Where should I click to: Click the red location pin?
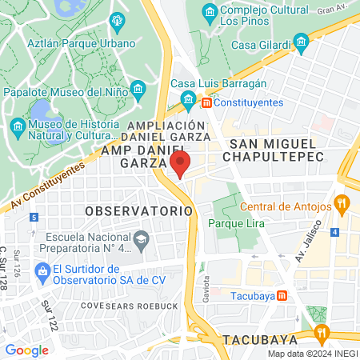180,166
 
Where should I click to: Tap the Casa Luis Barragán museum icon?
189,100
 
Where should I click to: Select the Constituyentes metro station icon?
206,102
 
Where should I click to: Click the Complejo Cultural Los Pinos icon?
210,13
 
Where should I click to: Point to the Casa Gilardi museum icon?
301,41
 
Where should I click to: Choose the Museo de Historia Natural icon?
18,127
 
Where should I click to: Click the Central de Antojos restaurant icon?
342,202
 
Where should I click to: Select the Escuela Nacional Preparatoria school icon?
141,239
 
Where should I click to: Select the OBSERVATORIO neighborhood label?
138,211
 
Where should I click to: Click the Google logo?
26,350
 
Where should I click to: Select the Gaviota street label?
206,285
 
